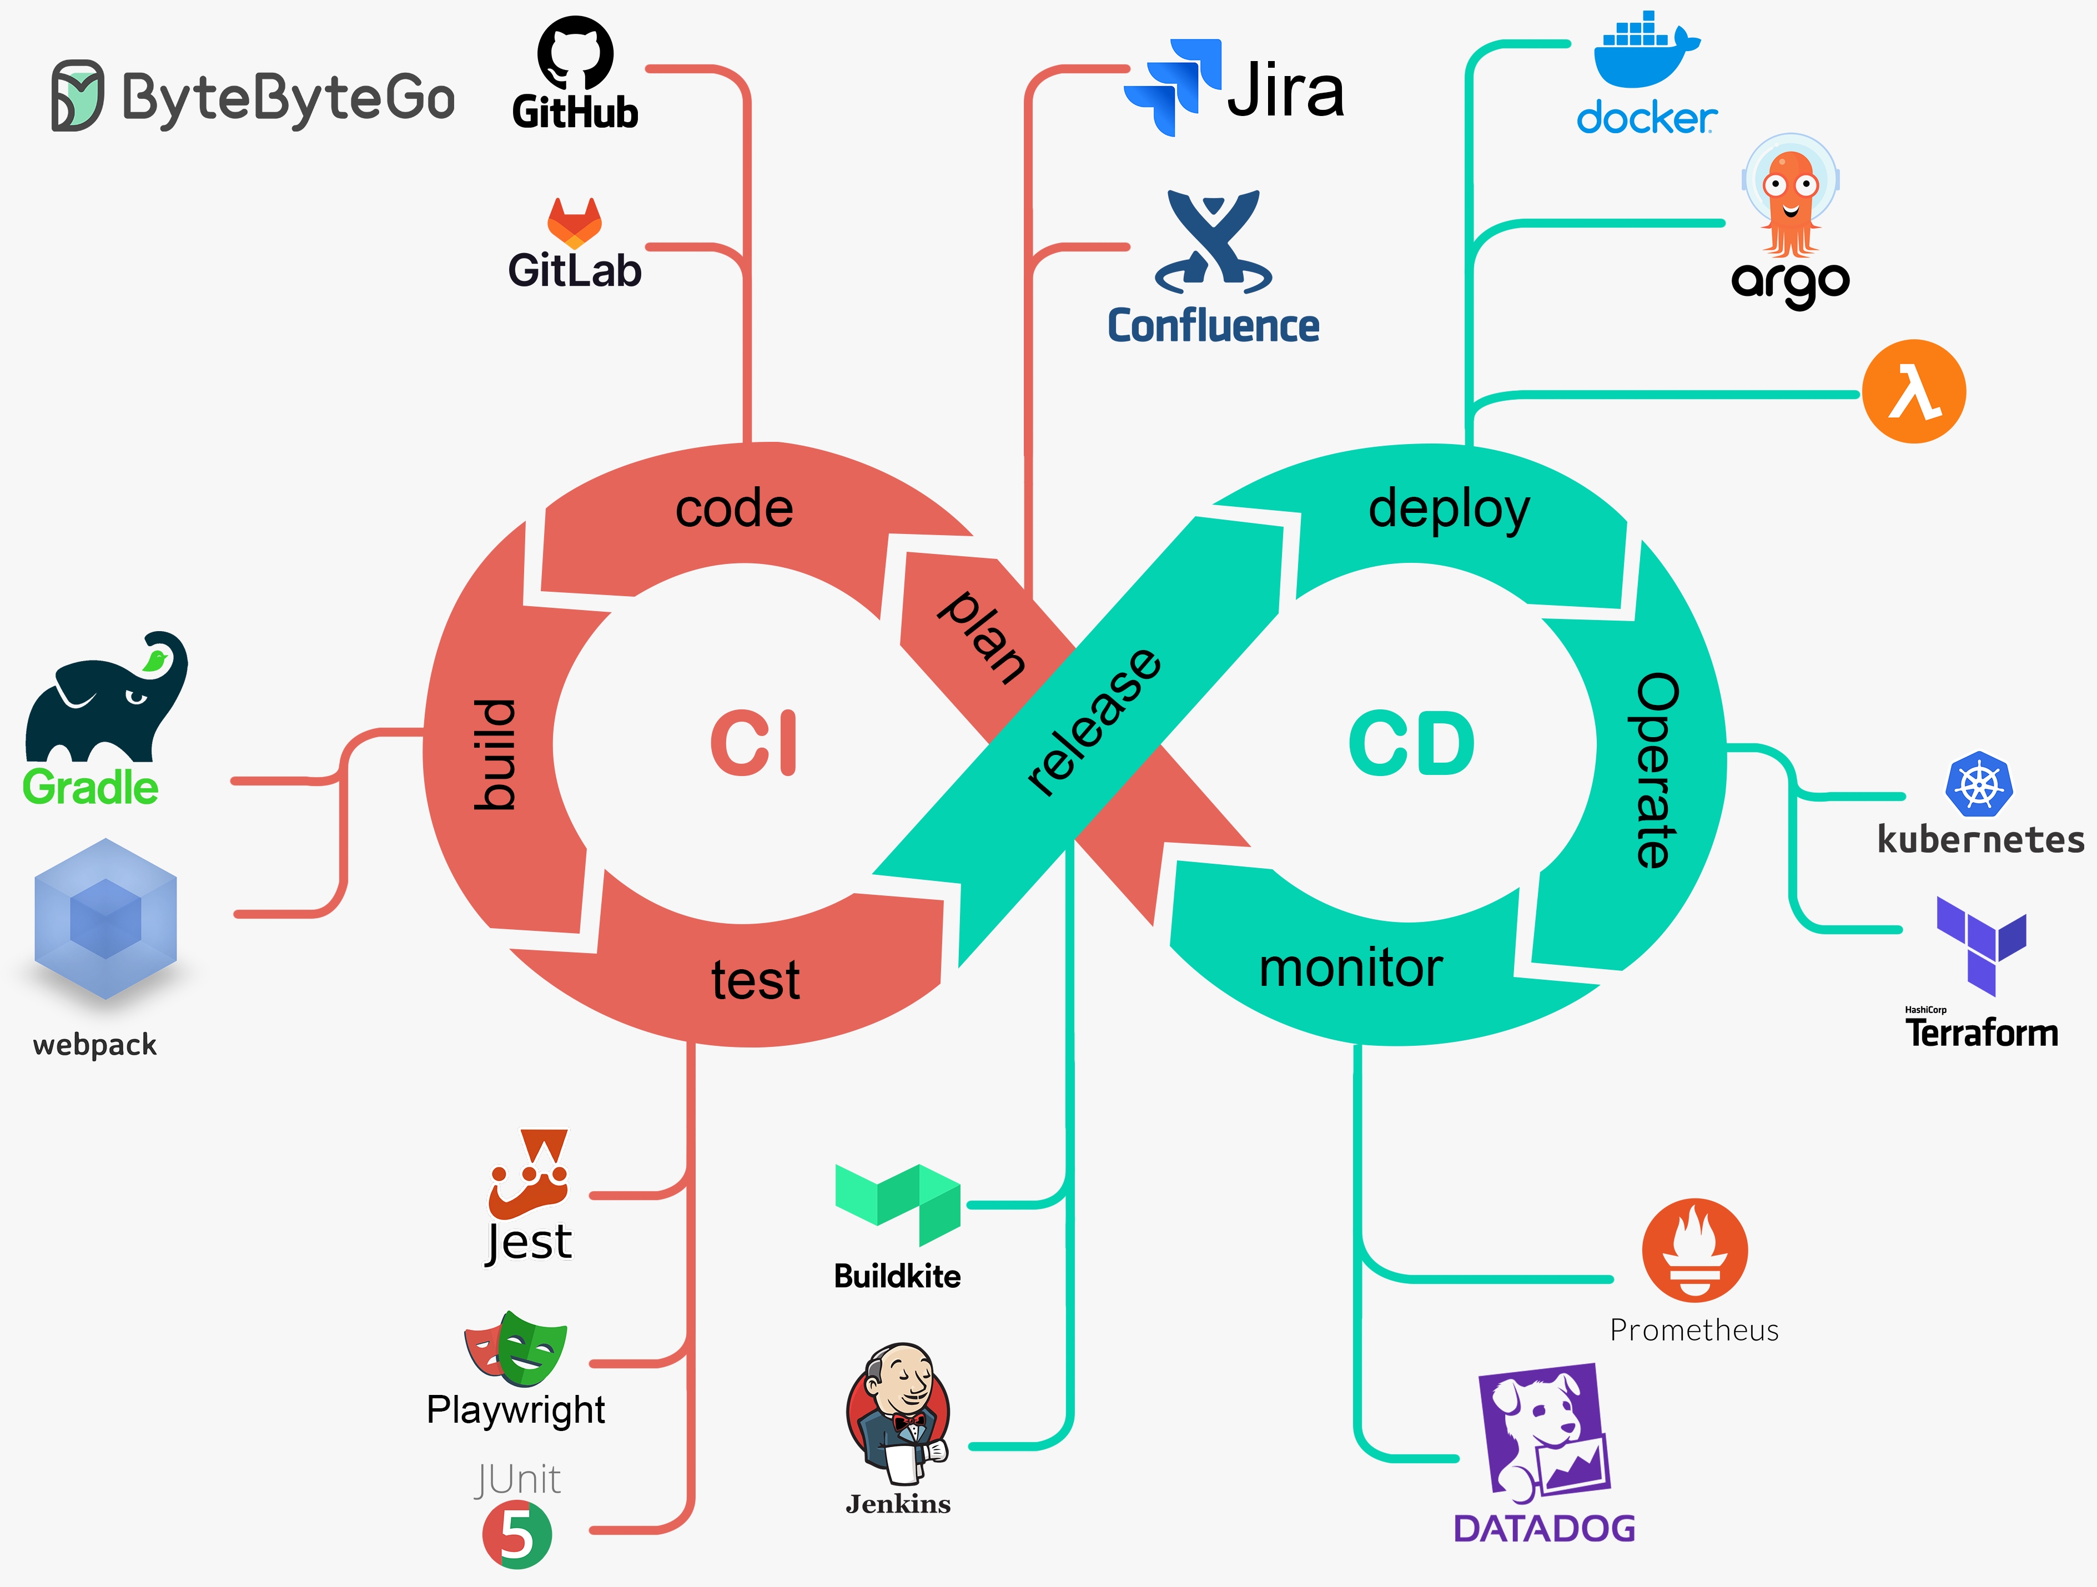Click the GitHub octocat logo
click(575, 53)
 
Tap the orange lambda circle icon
click(1913, 391)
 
